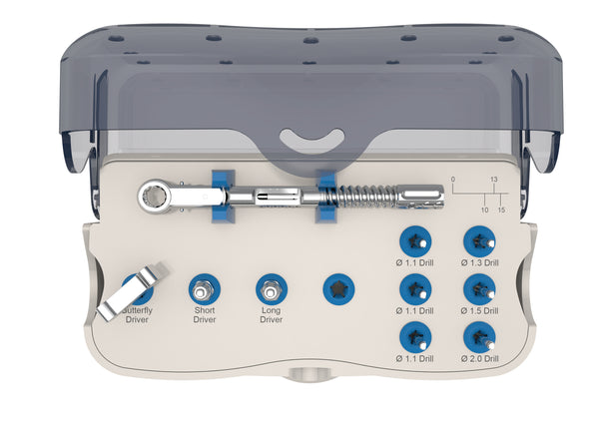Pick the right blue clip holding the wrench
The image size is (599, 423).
point(324,195)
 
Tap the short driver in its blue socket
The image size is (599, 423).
point(204,290)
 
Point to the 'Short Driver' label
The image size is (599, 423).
point(204,315)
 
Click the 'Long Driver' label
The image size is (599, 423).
point(271,315)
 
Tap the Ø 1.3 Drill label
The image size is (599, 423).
point(480,263)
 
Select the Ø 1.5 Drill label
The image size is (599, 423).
point(480,310)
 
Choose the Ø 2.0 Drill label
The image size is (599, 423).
point(480,357)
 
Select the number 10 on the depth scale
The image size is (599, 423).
point(484,211)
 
